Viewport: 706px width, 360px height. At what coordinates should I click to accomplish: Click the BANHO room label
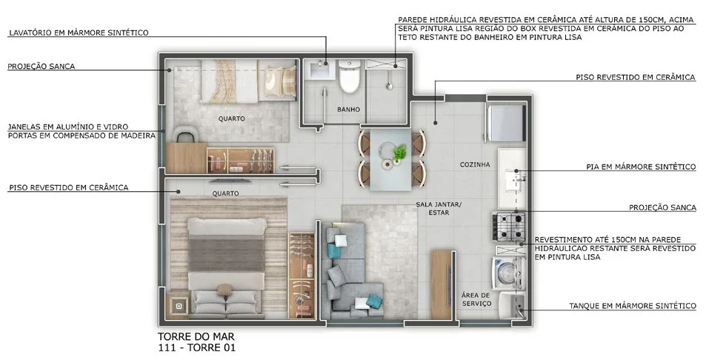point(348,110)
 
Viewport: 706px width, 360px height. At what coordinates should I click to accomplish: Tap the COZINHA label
point(475,164)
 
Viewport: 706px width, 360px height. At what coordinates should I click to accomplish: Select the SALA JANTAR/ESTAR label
point(438,208)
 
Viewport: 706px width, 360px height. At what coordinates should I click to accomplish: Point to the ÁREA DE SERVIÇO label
point(476,299)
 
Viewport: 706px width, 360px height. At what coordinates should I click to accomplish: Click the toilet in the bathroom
point(350,76)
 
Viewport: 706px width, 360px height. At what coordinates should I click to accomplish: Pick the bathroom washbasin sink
point(322,70)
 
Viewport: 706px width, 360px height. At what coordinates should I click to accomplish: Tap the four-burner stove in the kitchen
point(509,227)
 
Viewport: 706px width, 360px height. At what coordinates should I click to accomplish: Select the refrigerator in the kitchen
point(506,122)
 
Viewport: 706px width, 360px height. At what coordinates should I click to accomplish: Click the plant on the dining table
point(399,153)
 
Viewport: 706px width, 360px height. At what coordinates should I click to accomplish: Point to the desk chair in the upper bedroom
point(187,133)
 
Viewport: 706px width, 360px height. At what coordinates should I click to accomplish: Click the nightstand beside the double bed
point(179,306)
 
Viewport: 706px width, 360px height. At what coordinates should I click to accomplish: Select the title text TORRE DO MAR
point(196,336)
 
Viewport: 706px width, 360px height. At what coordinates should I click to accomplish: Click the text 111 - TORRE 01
point(196,347)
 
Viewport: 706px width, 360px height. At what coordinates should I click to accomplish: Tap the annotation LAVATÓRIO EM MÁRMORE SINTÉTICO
point(79,33)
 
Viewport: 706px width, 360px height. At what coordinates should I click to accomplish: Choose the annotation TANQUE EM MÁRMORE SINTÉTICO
point(632,306)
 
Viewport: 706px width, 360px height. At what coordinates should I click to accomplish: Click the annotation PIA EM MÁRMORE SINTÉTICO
point(641,167)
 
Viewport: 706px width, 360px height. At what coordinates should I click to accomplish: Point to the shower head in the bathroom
point(390,84)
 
